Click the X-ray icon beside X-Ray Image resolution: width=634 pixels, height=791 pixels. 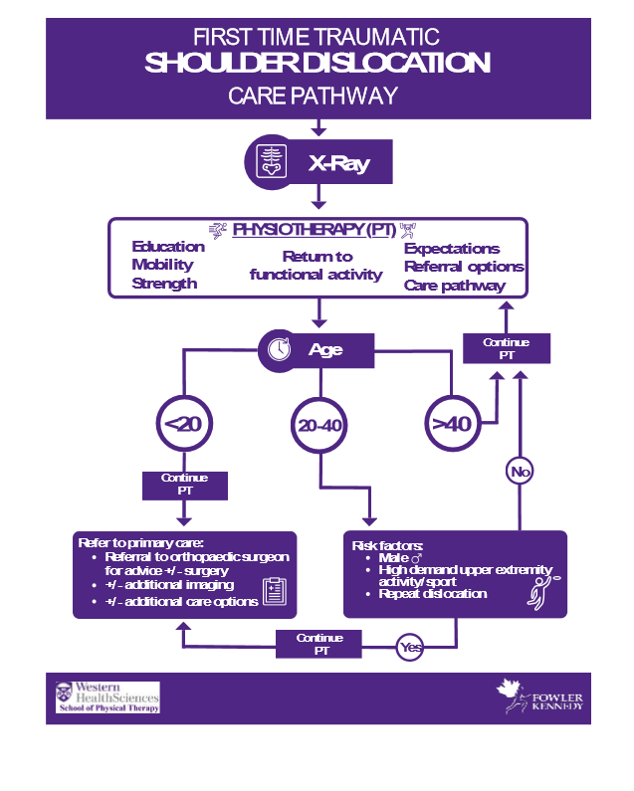(270, 163)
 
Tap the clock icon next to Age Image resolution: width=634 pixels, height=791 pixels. (281, 350)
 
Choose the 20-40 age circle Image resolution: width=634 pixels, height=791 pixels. (319, 426)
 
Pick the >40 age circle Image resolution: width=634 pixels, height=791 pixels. (451, 424)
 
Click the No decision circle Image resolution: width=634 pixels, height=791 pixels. (519, 471)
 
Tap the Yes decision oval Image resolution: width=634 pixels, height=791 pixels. (410, 648)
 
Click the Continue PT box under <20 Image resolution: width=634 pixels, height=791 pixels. (184, 485)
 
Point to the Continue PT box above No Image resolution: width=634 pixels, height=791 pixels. (506, 348)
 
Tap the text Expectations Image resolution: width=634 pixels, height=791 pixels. (452, 249)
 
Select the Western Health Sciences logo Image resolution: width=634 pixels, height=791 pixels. (107, 696)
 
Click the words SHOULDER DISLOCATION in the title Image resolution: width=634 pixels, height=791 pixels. (317, 64)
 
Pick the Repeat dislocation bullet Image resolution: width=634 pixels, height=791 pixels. (433, 594)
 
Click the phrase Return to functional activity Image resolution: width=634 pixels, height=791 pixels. (317, 266)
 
